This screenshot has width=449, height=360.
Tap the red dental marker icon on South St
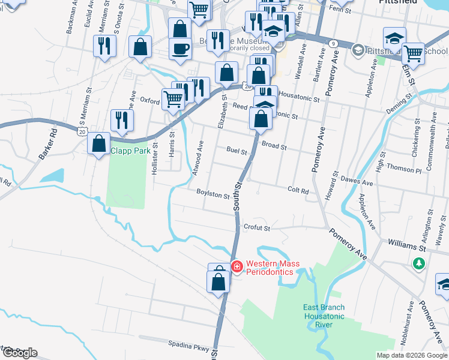click(237, 266)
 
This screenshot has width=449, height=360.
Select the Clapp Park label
click(130, 151)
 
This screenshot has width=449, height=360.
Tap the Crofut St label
click(258, 228)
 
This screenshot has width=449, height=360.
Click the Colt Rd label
click(298, 191)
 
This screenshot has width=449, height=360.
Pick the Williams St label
click(406, 245)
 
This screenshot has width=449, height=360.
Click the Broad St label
click(274, 146)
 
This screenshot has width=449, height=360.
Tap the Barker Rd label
click(47, 144)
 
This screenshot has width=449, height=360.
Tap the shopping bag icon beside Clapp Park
click(98, 144)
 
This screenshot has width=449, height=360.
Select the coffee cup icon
click(180, 49)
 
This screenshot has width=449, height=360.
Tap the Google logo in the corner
click(19, 353)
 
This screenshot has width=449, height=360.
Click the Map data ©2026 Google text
click(412, 355)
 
